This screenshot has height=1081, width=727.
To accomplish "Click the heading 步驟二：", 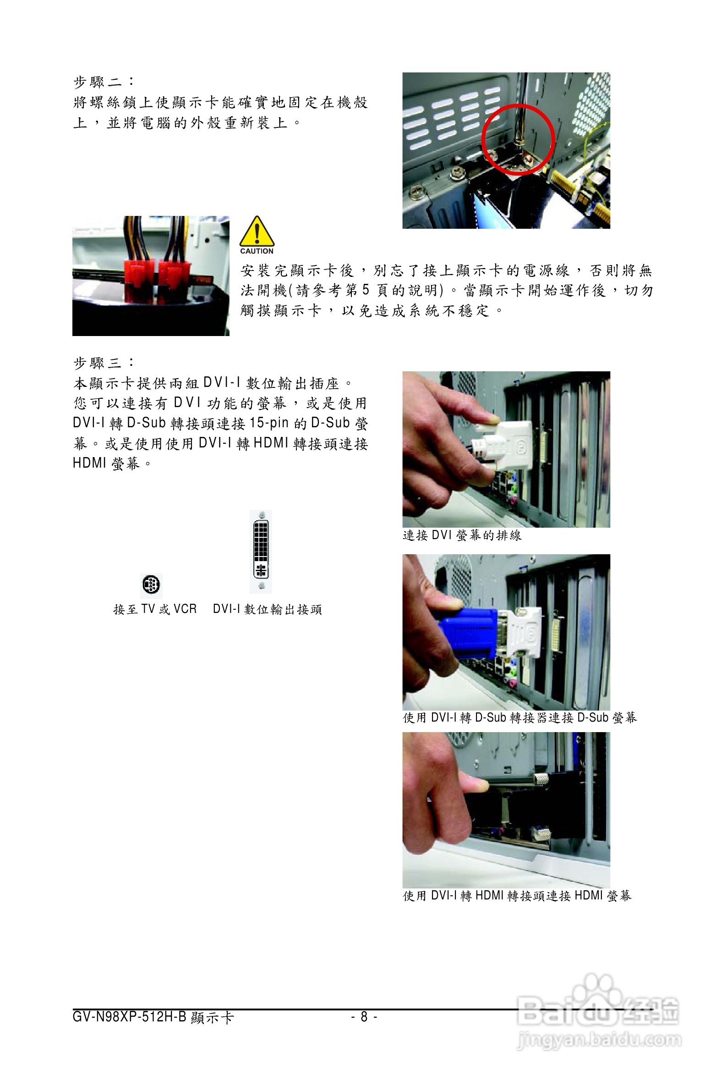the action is tap(104, 82).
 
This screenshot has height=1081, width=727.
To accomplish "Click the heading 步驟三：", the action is tap(104, 363).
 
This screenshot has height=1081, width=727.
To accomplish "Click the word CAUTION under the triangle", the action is tap(257, 251).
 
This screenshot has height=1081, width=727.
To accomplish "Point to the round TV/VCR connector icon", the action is tap(151, 585).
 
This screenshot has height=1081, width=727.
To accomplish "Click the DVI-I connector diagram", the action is tap(261, 551).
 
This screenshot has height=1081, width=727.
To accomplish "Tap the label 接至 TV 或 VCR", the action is tap(155, 609).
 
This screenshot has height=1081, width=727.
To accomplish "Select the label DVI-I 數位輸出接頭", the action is tap(268, 609).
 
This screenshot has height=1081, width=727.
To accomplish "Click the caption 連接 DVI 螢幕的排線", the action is tap(462, 535).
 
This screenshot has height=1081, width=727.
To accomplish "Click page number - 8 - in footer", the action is tap(364, 1016).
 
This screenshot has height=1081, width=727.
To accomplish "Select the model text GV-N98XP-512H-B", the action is tap(129, 1016).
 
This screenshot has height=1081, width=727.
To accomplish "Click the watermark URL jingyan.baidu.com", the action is tap(599, 1040).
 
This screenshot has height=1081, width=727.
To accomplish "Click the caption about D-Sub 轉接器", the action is tap(520, 717).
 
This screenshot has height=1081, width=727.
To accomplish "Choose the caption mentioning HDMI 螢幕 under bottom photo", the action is tap(517, 895).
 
